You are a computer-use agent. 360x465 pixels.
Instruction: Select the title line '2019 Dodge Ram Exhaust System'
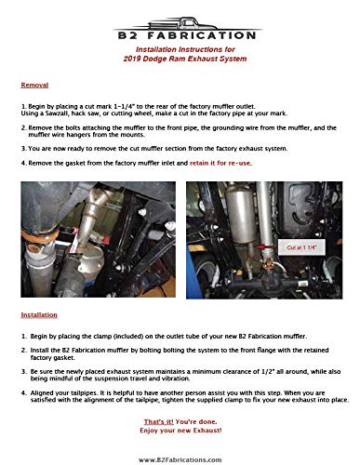180,57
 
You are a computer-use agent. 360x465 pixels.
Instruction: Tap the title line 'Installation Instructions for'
180,47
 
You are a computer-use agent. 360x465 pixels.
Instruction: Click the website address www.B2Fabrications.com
180,458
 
